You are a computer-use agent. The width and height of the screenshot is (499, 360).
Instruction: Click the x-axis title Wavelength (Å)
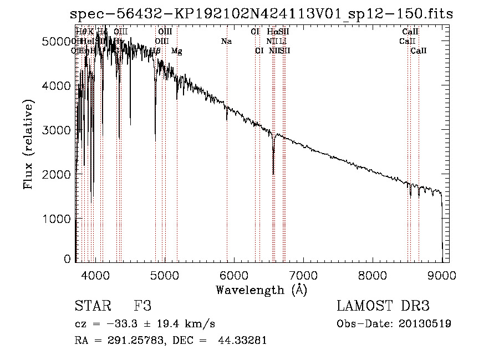pyautogui.click(x=261, y=290)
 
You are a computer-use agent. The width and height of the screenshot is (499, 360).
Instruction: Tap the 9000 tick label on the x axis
pyautogui.click(x=442, y=274)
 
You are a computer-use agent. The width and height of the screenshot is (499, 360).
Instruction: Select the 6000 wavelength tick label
pyautogui.click(x=234, y=274)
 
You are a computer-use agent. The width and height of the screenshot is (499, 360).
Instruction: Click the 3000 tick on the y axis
pyautogui.click(x=59, y=130)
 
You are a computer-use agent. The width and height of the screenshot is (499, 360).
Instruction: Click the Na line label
pyautogui.click(x=226, y=42)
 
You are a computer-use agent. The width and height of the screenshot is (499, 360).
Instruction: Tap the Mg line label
pyautogui.click(x=176, y=51)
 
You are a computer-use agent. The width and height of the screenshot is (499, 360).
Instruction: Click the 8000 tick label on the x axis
pyautogui.click(x=373, y=274)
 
